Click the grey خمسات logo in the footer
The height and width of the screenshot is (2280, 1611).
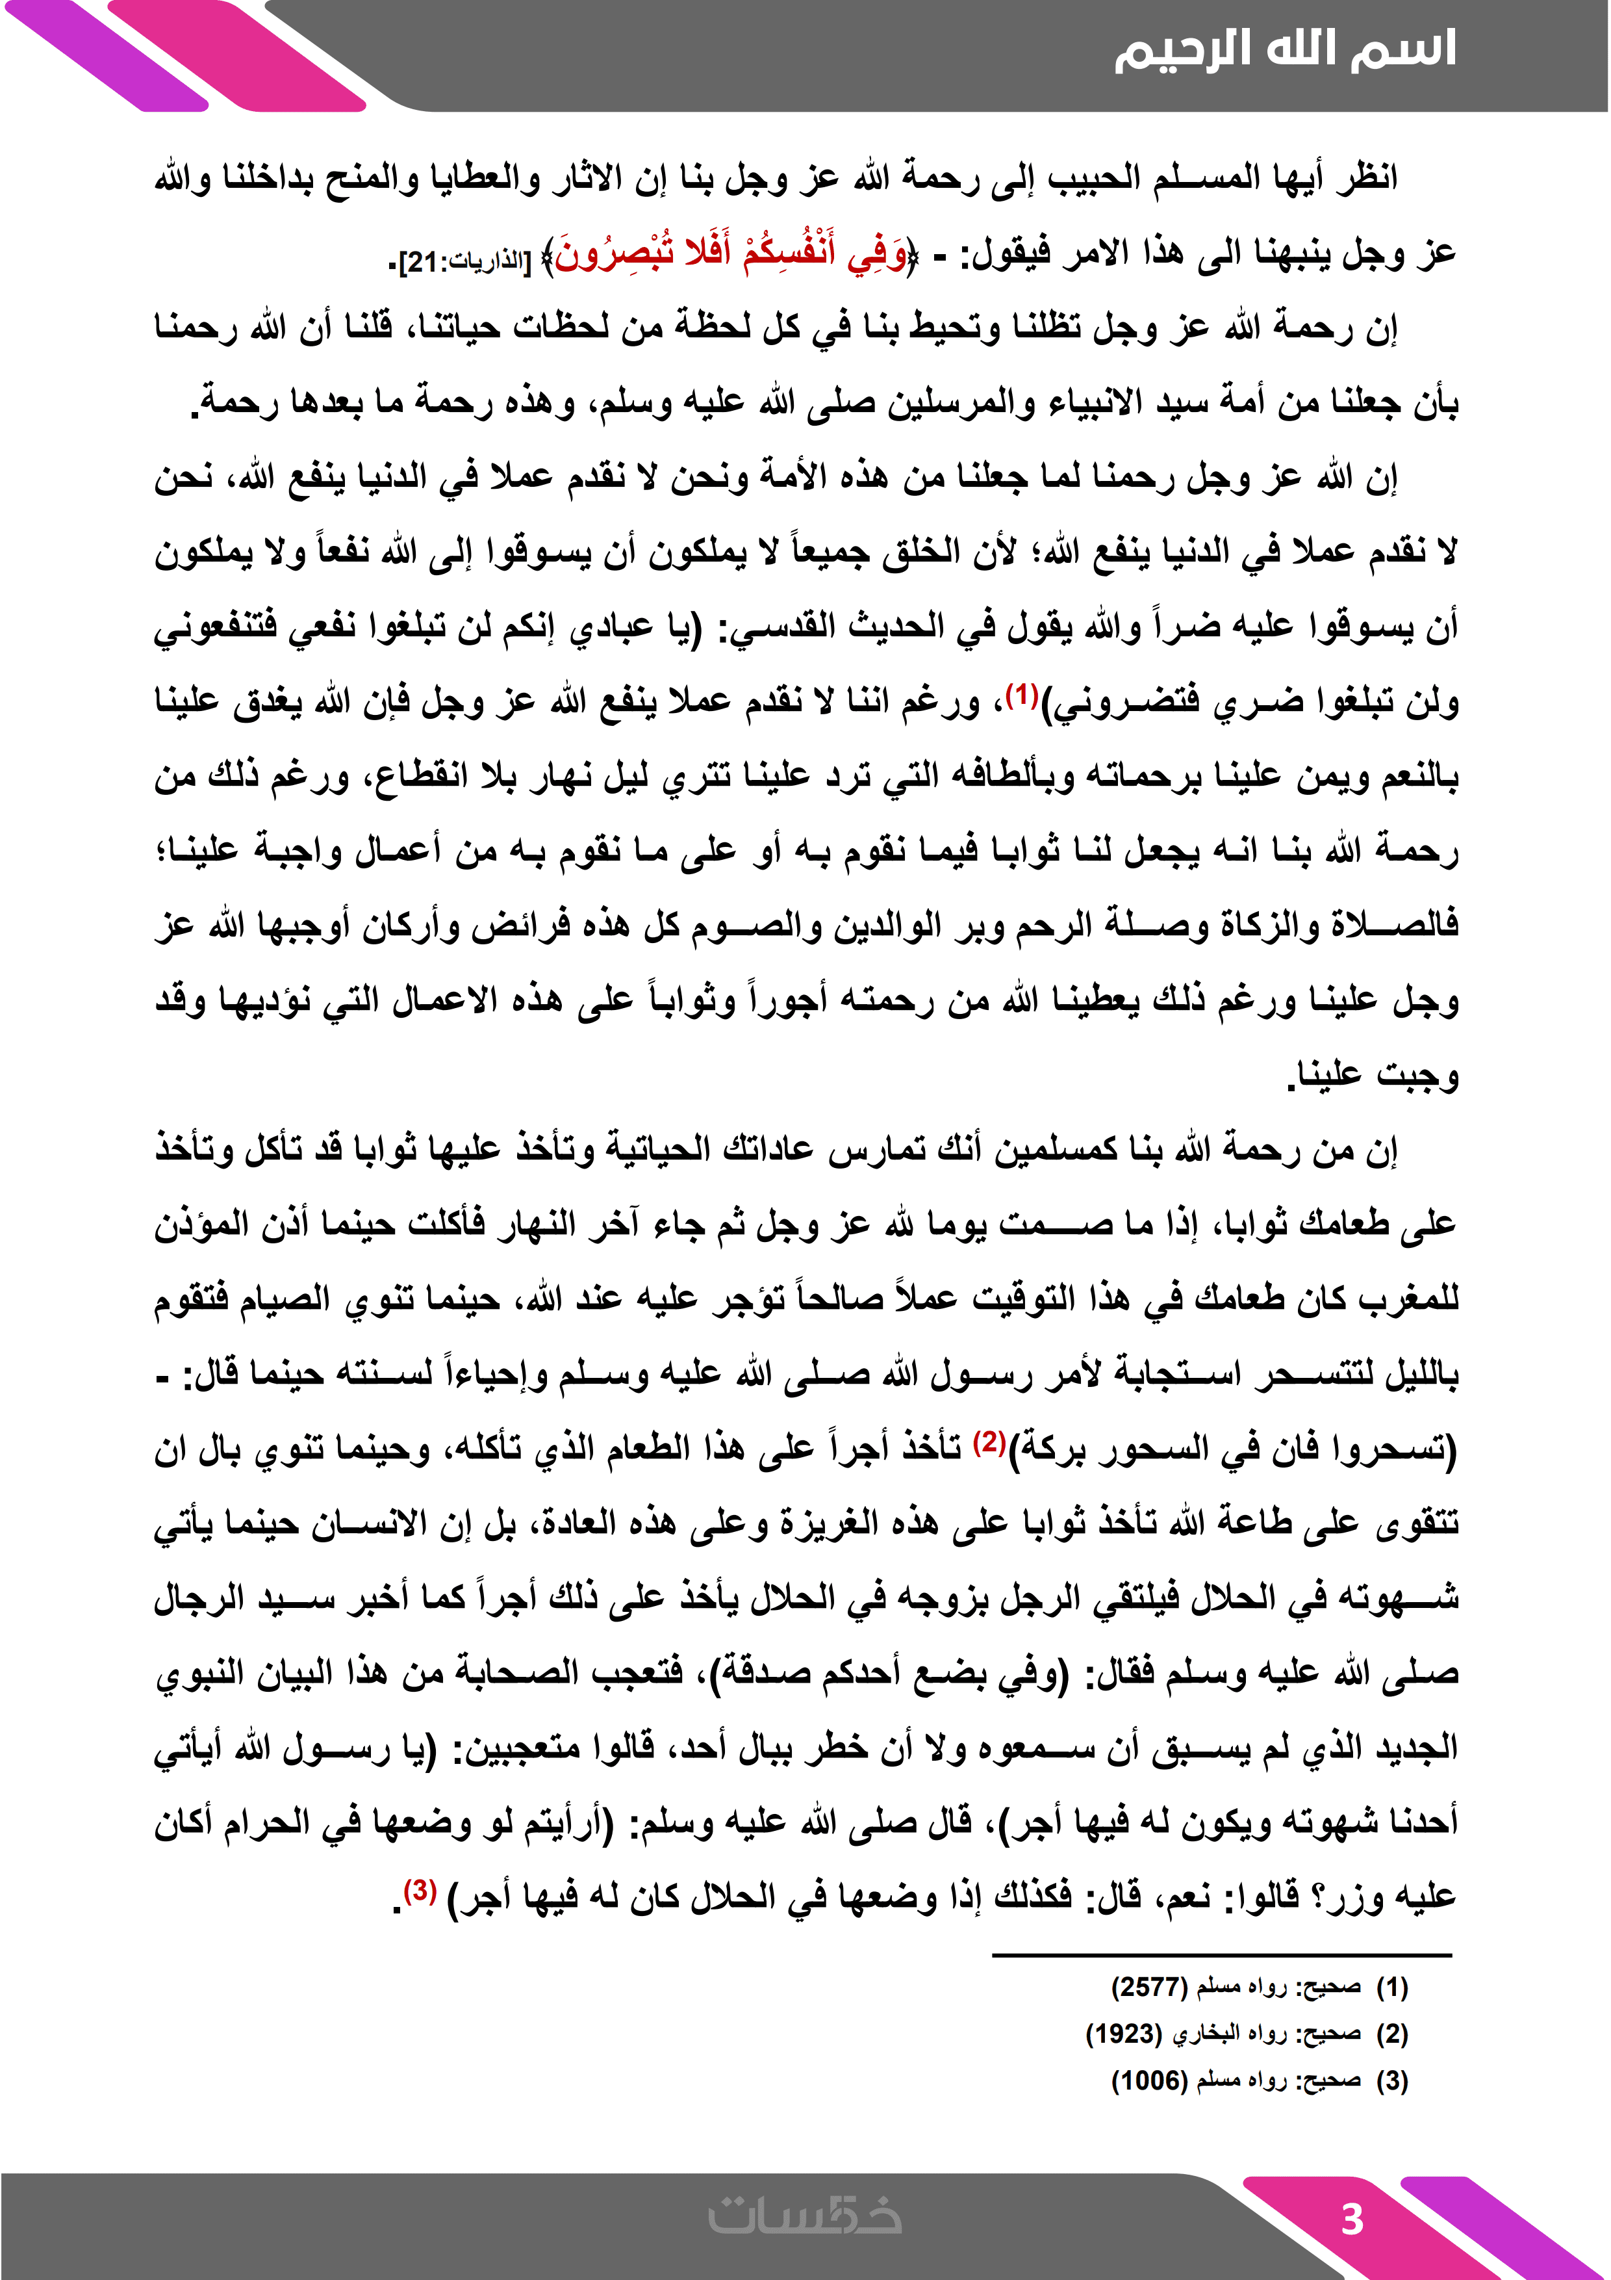805,2216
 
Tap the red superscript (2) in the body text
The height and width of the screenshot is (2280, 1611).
989,1442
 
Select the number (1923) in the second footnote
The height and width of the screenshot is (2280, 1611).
1123,2033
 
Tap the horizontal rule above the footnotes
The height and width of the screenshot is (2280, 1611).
1221,1955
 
